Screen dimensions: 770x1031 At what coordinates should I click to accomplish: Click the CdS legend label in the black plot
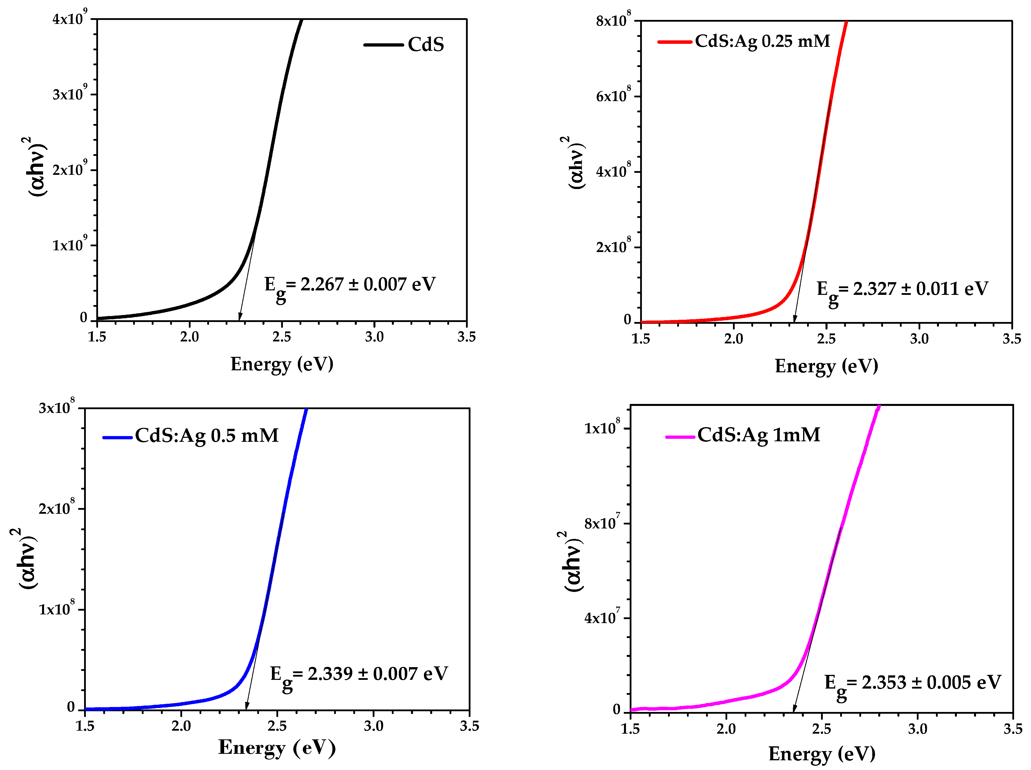point(426,45)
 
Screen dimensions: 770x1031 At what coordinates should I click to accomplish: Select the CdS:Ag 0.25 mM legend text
point(762,42)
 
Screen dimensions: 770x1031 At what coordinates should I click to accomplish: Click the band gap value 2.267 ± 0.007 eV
point(350,285)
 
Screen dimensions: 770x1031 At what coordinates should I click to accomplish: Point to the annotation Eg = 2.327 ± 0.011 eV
point(902,290)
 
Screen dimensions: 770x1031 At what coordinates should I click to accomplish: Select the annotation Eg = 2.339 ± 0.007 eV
point(359,675)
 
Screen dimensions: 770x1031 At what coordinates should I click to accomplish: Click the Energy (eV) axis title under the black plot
point(282,364)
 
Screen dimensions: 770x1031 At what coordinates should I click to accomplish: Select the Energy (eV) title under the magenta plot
point(822,754)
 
